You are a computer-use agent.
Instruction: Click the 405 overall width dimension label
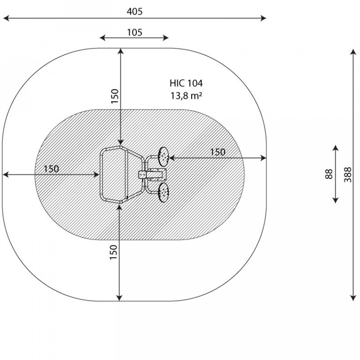pos(135,11)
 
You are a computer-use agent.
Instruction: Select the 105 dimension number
pos(135,33)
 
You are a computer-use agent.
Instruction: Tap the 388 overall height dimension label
pos(348,175)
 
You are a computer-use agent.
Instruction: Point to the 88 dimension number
pos(329,174)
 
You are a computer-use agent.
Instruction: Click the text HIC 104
pos(186,83)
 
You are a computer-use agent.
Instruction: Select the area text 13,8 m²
pos(186,96)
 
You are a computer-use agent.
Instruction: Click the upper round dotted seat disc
pos(164,157)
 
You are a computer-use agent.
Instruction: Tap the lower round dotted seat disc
pos(164,193)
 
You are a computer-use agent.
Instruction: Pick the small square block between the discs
pos(142,175)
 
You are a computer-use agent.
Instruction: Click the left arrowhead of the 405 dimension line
pos(6,18)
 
